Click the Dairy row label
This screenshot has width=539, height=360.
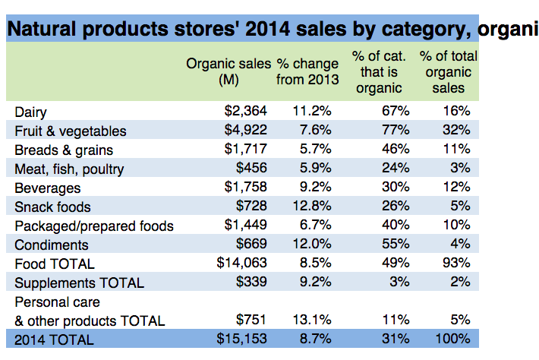(31, 112)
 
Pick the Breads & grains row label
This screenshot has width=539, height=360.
(59, 150)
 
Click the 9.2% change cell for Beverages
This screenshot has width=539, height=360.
(311, 188)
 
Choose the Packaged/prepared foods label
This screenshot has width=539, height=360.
(94, 226)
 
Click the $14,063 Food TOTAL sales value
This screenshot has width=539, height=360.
(241, 264)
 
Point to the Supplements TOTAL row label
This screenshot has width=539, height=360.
(79, 283)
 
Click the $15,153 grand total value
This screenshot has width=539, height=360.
(241, 339)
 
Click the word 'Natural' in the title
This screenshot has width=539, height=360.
(47, 30)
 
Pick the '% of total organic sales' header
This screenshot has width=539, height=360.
(448, 72)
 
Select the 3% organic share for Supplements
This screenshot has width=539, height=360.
(400, 283)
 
